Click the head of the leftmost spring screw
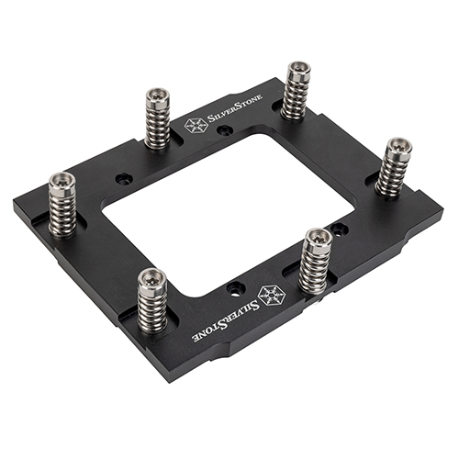tap(63, 180)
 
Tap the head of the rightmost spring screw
tap(398, 147)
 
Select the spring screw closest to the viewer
tap(152, 278)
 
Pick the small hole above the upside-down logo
tap(235, 287)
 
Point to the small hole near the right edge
tap(339, 227)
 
